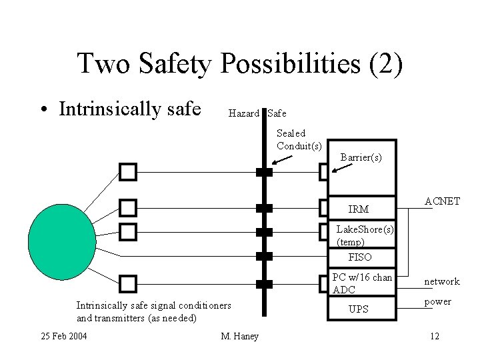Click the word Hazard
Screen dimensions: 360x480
click(243, 114)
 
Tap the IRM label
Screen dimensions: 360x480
click(358, 209)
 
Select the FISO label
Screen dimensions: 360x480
click(360, 257)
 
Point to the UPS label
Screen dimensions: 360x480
click(359, 309)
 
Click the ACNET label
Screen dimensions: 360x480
click(442, 201)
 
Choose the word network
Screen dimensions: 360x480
click(442, 282)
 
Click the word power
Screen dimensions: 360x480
click(437, 302)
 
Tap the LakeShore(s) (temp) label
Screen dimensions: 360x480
click(365, 235)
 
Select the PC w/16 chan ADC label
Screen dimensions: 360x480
click(363, 283)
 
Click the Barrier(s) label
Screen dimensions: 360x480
click(361, 157)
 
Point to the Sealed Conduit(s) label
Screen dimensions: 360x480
click(299, 139)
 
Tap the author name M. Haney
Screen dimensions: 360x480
click(239, 335)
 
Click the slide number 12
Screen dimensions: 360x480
click(434, 335)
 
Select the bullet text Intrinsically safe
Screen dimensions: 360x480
click(130, 109)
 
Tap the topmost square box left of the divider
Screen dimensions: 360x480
click(128, 173)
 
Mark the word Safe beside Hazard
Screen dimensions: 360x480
click(277, 114)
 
